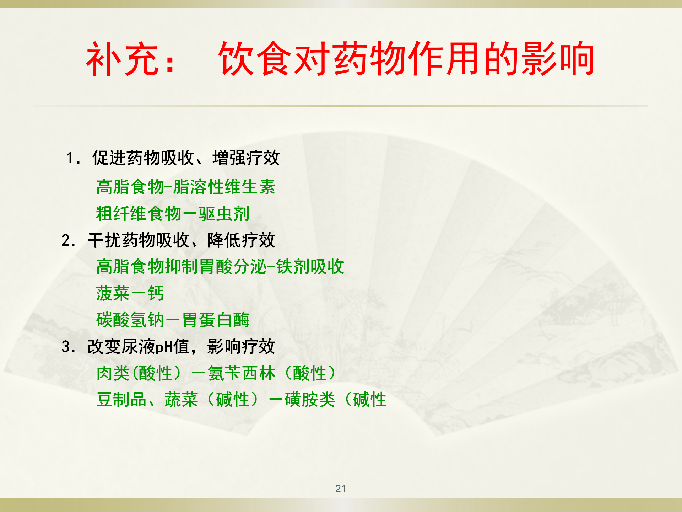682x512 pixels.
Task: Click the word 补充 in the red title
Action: (x=122, y=59)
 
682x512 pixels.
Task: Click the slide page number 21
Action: (x=341, y=488)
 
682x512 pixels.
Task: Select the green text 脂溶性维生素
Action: (x=224, y=187)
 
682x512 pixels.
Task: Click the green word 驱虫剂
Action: (x=224, y=214)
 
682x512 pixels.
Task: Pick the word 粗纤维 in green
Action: (x=121, y=214)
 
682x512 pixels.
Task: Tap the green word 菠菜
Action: (x=113, y=293)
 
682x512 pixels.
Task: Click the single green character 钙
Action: (x=156, y=293)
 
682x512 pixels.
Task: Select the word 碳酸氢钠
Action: (x=130, y=320)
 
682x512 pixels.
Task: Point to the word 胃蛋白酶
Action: (x=216, y=320)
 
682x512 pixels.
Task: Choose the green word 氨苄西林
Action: (x=242, y=373)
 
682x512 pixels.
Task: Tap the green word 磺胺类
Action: (x=310, y=400)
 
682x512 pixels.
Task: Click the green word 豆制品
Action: (x=121, y=400)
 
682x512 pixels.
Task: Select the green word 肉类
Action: (x=113, y=373)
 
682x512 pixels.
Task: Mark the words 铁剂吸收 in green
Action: (x=310, y=267)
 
